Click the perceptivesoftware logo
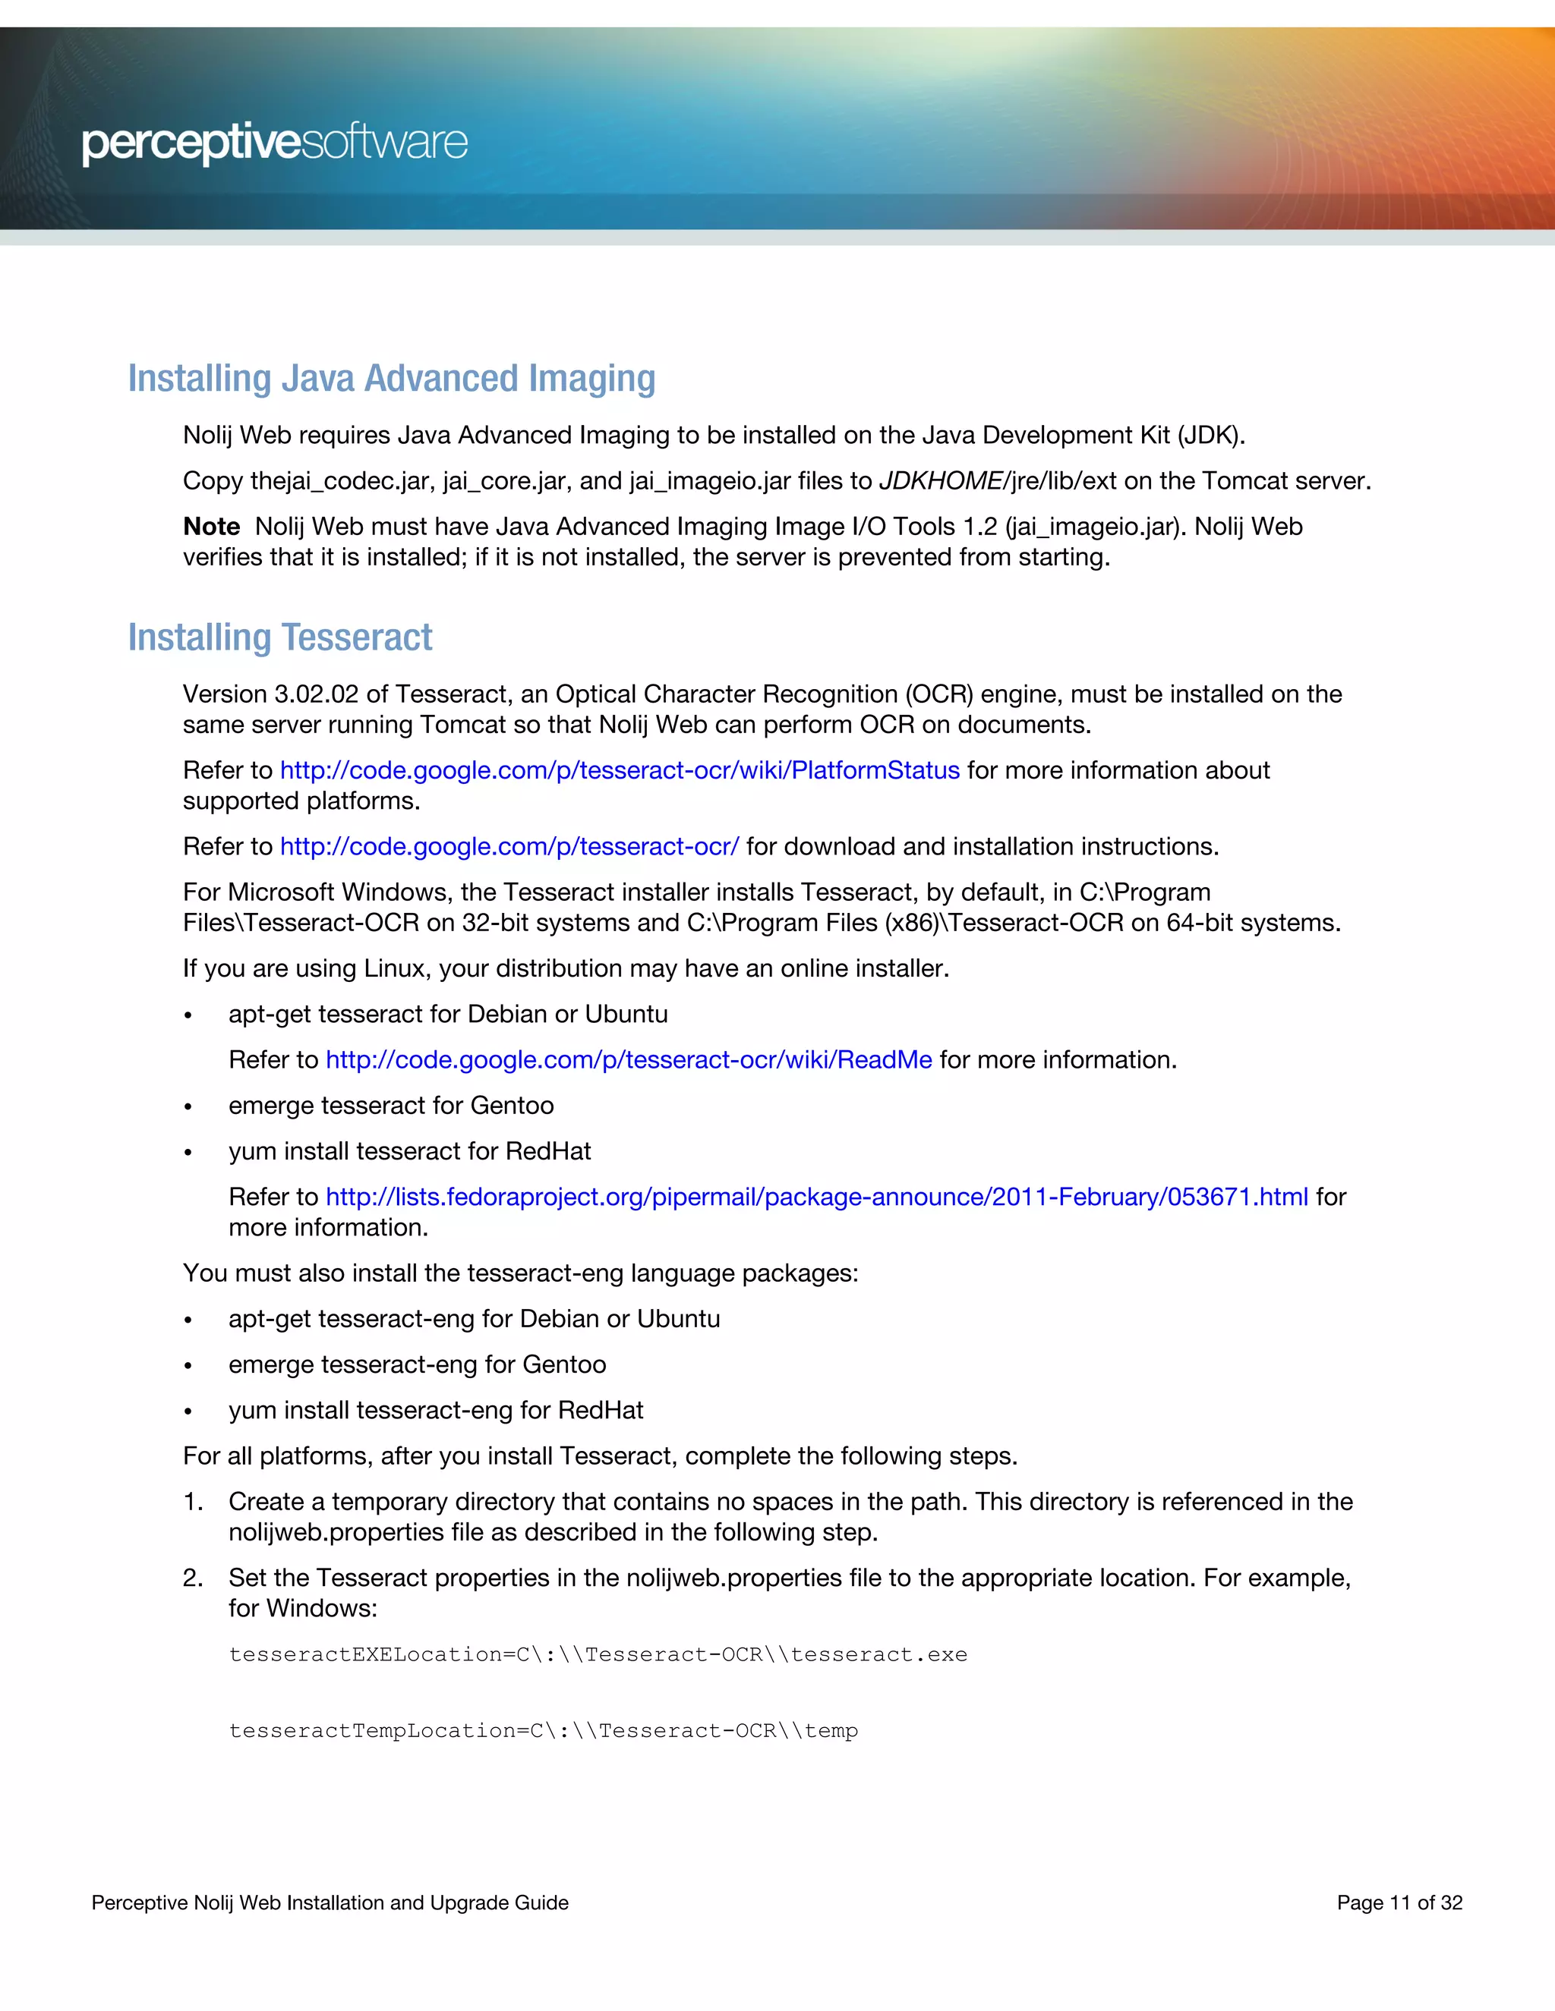click(275, 143)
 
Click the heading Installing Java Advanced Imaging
click(392, 379)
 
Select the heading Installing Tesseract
click(280, 637)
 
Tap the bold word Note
click(211, 527)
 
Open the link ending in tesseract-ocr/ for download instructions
click(509, 846)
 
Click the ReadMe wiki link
click(628, 1060)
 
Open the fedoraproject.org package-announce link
click(816, 1197)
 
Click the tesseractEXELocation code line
click(598, 1654)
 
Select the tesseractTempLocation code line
click(543, 1731)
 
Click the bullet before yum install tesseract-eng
click(188, 1412)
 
